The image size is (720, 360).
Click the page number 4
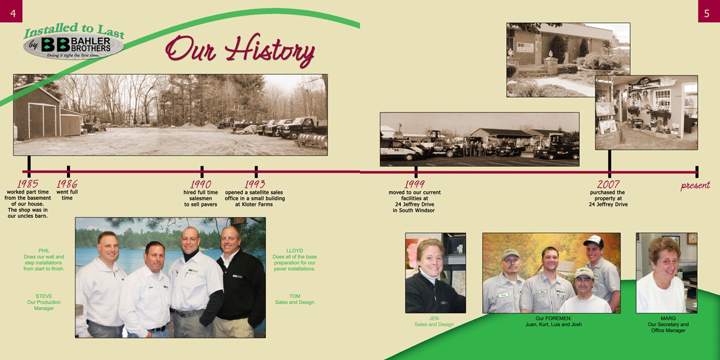pyautogui.click(x=13, y=13)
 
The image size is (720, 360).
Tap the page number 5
pyautogui.click(x=706, y=13)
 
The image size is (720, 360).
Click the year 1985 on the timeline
pyautogui.click(x=28, y=184)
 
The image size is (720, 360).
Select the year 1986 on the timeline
pyautogui.click(x=67, y=184)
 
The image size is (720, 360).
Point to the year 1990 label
pyautogui.click(x=201, y=184)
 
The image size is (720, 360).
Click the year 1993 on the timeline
pyautogui.click(x=255, y=184)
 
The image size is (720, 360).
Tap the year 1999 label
pyautogui.click(x=415, y=184)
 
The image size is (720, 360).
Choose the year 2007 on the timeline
pyautogui.click(x=608, y=184)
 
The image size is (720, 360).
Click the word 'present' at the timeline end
pyautogui.click(x=695, y=186)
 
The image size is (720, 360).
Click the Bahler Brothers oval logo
pyautogui.click(x=74, y=47)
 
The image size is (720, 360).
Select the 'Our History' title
pyautogui.click(x=240, y=50)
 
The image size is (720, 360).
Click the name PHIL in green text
pyautogui.click(x=44, y=251)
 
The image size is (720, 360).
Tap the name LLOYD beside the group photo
pyautogui.click(x=295, y=251)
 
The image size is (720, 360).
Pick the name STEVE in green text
pyautogui.click(x=44, y=296)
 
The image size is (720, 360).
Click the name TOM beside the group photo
pyautogui.click(x=295, y=296)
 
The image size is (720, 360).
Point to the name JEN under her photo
pyautogui.click(x=434, y=318)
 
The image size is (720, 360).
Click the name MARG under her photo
pyautogui.click(x=668, y=318)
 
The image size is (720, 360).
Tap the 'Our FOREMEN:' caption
pyautogui.click(x=553, y=318)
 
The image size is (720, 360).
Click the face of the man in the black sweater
pyautogui.click(x=230, y=240)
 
